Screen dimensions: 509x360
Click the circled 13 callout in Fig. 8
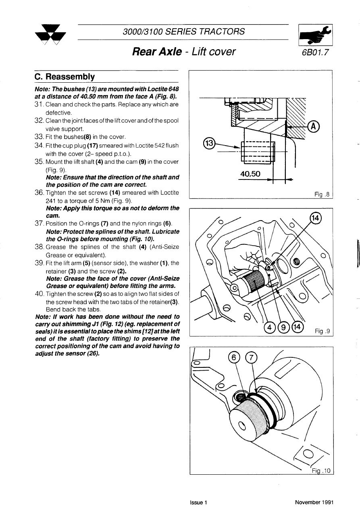tap(210, 143)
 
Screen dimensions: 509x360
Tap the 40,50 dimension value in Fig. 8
tap(250, 174)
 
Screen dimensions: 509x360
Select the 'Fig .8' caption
tap(322, 194)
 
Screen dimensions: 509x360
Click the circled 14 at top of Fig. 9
tap(315, 218)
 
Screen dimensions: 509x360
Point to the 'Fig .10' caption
tap(321, 470)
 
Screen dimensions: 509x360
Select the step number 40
tap(39, 293)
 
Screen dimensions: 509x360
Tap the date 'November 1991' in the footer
tap(314, 503)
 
